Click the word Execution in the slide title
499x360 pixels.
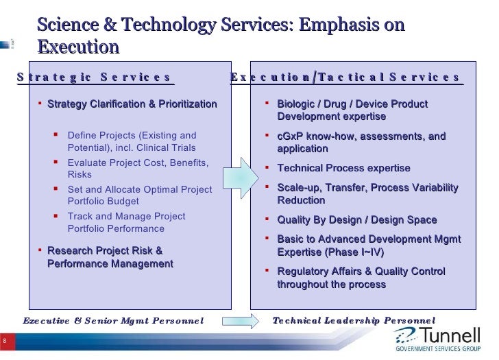coord(78,47)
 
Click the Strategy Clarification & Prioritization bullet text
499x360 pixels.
coord(132,104)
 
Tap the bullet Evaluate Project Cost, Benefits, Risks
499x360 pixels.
coord(137,169)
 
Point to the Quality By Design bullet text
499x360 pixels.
coord(356,220)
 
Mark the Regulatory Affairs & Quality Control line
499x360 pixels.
coord(361,272)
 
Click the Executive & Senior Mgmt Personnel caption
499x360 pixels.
coord(113,320)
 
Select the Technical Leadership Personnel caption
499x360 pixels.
coord(354,320)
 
